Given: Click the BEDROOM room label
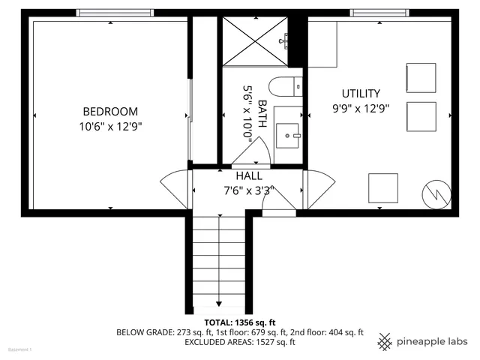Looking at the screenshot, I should [110, 111].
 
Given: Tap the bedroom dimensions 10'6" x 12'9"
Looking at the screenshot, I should [110, 126].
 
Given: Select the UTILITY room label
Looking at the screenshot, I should [361, 94].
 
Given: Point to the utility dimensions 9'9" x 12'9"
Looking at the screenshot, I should [361, 108].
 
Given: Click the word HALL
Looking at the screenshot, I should [249, 175].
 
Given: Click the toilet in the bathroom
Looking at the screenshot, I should [284, 87].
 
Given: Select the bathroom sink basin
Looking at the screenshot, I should [287, 136].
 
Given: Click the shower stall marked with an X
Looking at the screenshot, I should [256, 41].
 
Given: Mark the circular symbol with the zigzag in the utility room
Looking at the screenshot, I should [436, 194].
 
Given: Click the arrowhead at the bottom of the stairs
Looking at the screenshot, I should [219, 304].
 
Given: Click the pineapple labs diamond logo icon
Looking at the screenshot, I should [385, 341].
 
